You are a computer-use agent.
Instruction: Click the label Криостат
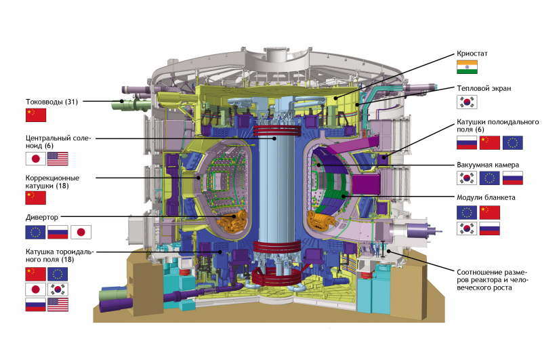click(x=472, y=54)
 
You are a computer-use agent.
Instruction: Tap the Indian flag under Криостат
click(x=467, y=67)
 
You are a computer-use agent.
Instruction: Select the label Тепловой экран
click(x=484, y=88)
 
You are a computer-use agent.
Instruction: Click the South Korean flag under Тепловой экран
click(x=467, y=102)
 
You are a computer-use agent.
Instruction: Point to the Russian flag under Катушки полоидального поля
click(x=467, y=143)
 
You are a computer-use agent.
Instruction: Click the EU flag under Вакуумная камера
click(x=489, y=178)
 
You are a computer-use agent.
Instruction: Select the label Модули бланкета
click(x=486, y=197)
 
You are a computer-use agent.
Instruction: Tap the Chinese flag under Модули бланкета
click(x=489, y=212)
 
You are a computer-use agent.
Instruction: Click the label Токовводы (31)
click(x=51, y=102)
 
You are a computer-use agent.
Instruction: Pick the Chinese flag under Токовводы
click(x=36, y=115)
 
